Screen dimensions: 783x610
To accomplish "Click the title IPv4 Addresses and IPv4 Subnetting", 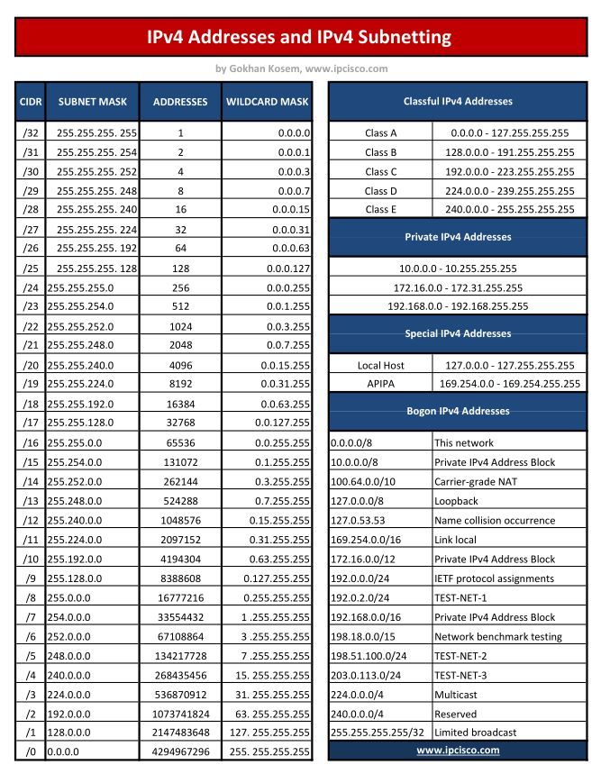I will coord(301,37).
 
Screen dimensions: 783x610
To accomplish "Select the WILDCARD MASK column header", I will coord(267,102).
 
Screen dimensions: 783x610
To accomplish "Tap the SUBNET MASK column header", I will coord(92,102).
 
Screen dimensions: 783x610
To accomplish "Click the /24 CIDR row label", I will coord(30,287).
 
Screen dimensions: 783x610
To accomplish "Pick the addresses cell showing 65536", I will coord(180,443).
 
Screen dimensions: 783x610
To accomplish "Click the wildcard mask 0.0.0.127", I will coord(288,269).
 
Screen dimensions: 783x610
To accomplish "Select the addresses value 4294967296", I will coord(180,751).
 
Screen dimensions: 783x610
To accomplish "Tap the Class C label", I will coord(381,171).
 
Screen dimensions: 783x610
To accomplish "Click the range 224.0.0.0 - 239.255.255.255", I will coord(509,190).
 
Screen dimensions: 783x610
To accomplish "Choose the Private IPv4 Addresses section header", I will coord(457,237).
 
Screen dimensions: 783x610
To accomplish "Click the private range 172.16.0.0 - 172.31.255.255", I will coord(457,287).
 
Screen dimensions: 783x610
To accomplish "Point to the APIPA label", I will coord(381,384).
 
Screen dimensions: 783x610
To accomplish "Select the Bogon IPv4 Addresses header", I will coord(457,411).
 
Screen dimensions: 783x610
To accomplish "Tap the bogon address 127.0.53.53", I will coord(358,520).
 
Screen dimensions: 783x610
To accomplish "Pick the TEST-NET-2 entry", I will coord(461,656).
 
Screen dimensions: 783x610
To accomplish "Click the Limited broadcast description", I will coord(476,733).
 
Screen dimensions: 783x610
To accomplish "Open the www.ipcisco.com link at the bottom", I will coord(457,750).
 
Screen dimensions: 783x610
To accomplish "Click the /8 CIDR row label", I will coord(30,597).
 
